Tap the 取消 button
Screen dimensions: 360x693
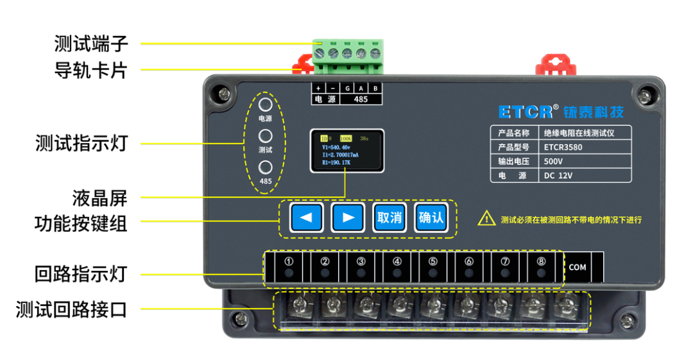coord(389,218)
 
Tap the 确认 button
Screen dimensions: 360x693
coord(431,218)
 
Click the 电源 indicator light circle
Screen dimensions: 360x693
coord(265,105)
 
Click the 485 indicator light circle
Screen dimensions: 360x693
coord(265,167)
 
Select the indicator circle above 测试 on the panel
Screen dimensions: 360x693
coord(265,136)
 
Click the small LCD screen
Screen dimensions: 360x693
coord(347,151)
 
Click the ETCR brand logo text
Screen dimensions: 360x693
coord(526,112)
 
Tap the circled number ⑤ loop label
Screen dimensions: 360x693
coord(433,262)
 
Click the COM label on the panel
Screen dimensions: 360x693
coord(577,268)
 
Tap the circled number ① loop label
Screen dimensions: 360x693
coord(289,262)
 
